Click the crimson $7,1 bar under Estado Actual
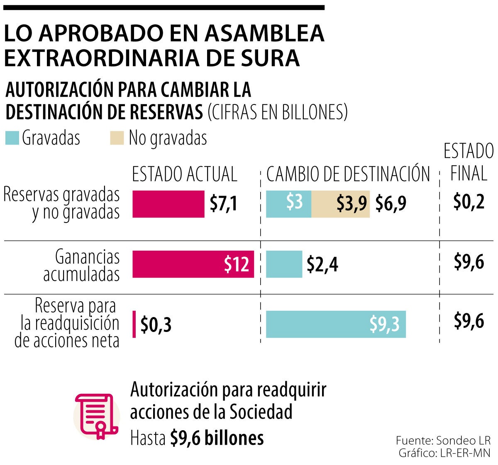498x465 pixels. [x=168, y=204]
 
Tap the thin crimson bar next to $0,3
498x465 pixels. [x=134, y=324]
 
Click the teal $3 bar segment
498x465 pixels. [x=288, y=204]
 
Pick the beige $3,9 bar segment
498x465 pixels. [x=340, y=204]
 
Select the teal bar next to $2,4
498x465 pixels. [x=284, y=264]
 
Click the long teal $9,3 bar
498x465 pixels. [x=335, y=324]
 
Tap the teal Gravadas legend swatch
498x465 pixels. [x=12, y=138]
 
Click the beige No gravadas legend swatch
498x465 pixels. [x=117, y=138]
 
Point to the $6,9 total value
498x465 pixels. [x=391, y=203]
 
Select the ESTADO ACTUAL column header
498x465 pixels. [x=184, y=174]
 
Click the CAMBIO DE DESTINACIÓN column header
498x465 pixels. [x=348, y=174]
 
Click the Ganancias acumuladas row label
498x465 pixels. [x=81, y=266]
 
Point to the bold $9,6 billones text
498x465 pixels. [x=217, y=438]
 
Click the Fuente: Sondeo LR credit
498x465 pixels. [x=443, y=440]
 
